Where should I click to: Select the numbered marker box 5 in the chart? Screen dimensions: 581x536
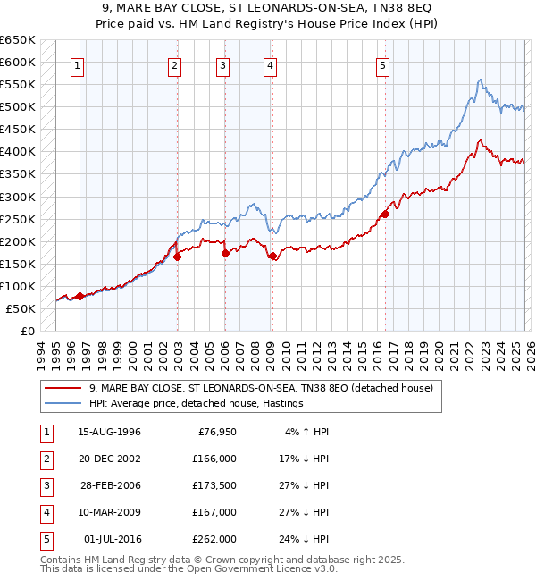click(382, 64)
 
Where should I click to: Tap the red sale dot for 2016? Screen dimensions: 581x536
click(385, 214)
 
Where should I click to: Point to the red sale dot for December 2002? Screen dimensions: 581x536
click(177, 257)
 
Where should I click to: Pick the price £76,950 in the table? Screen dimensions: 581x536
click(214, 432)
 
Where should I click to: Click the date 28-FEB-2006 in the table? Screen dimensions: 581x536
click(109, 485)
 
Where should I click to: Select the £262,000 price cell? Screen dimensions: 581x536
click(214, 539)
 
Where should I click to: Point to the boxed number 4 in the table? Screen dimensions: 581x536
click(44, 512)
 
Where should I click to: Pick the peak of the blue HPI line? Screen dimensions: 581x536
click(480, 80)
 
